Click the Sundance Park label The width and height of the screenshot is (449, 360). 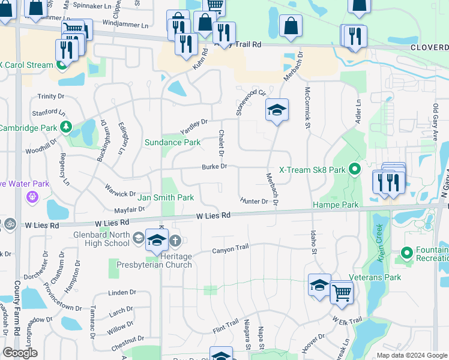pos(172,142)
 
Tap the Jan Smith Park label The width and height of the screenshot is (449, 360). pos(165,197)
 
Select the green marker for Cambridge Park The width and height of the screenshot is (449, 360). pos(66,127)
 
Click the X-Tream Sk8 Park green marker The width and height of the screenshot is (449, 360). pos(354,170)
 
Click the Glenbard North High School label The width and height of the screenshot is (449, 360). pos(101,238)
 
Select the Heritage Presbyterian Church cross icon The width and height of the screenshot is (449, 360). pos(175,241)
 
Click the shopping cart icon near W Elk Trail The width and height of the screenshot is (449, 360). pos(342,293)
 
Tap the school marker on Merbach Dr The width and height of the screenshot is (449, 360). pos(277,110)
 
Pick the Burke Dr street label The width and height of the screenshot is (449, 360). pos(213,167)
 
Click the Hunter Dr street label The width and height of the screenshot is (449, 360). pos(253,201)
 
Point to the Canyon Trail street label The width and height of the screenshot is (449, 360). pos(230,249)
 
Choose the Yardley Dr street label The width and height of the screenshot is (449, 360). pos(194,127)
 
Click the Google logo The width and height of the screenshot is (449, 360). pos(20,353)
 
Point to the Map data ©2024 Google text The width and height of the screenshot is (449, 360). pos(411,355)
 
